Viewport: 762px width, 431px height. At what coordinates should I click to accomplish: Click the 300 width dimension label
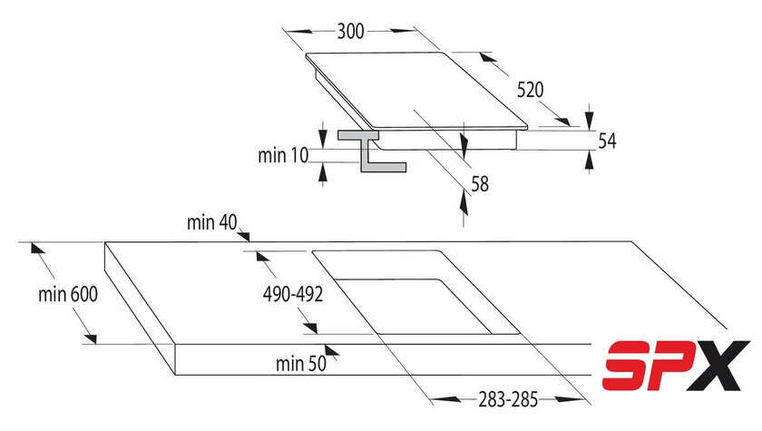point(350,31)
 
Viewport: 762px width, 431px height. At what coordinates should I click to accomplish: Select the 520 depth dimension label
point(530,90)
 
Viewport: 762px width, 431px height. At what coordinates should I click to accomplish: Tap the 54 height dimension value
point(607,141)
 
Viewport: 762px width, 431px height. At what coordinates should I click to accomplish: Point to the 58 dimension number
point(480,183)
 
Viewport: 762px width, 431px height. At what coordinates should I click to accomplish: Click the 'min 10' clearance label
point(283,155)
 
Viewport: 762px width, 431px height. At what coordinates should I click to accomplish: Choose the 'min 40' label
point(212,222)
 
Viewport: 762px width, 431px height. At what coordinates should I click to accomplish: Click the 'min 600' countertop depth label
point(68,294)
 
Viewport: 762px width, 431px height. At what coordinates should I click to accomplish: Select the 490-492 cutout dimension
point(292,294)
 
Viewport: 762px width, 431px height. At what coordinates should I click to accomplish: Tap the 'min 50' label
point(301,364)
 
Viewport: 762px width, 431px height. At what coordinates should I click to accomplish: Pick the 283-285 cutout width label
point(508,399)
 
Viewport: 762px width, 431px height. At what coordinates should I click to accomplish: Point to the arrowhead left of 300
point(298,31)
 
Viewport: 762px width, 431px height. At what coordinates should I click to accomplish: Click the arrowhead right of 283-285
point(570,399)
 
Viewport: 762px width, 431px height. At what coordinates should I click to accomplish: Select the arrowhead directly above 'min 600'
point(36,248)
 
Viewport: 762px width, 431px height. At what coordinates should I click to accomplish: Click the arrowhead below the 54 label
point(590,160)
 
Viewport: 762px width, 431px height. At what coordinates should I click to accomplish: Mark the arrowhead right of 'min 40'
point(244,236)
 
